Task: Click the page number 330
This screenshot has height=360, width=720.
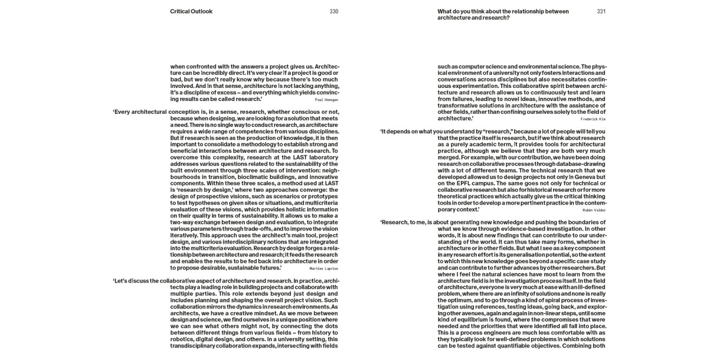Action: [x=334, y=12]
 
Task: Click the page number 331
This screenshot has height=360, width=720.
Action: [x=601, y=12]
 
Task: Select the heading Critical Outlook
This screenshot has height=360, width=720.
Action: [x=191, y=12]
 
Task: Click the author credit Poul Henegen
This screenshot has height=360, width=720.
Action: [x=326, y=100]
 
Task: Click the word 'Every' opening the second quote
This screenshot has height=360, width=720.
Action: [x=123, y=112]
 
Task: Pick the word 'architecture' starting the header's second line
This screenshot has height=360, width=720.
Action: [x=453, y=18]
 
